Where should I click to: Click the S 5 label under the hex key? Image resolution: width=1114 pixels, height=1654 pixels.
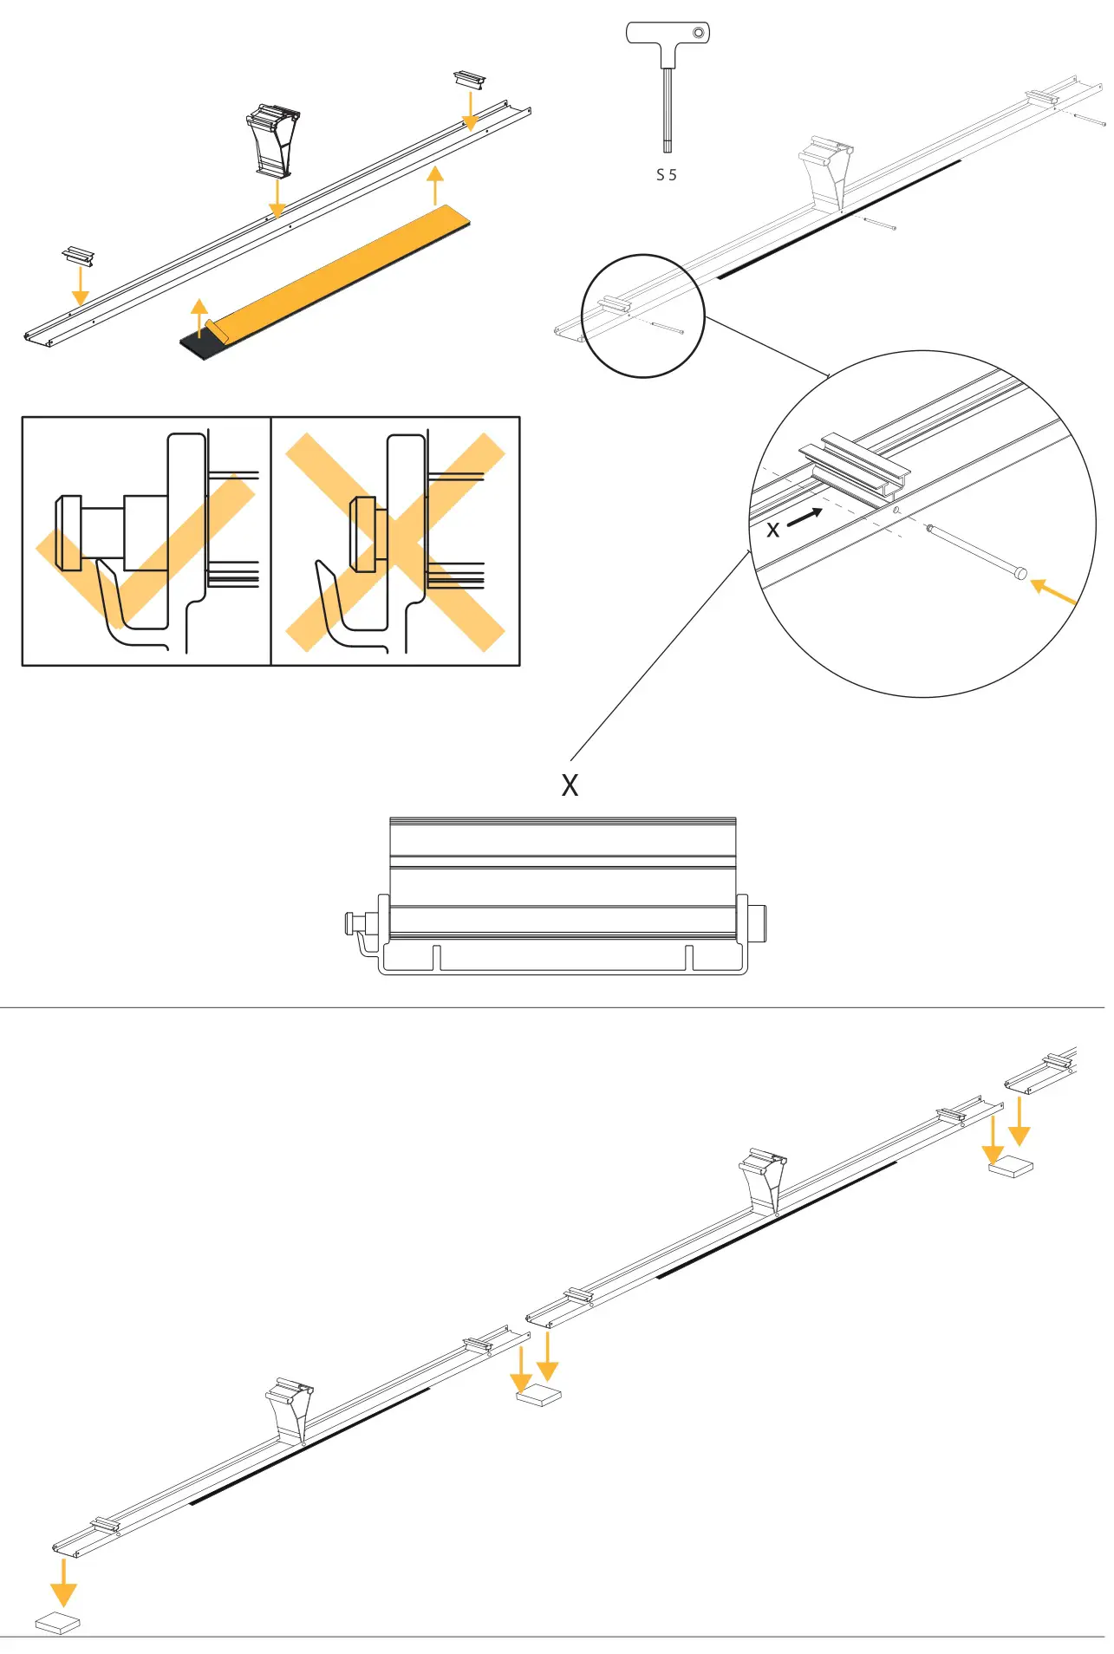pos(666,175)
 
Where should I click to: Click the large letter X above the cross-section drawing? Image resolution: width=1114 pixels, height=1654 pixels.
pos(570,785)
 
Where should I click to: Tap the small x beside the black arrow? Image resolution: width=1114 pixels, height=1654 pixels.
pos(773,530)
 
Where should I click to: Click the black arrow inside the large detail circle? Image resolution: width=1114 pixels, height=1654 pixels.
pos(805,517)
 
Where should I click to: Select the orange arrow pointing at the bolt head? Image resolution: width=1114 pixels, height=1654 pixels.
pos(1052,593)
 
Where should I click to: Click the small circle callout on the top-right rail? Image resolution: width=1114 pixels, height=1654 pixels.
pos(642,316)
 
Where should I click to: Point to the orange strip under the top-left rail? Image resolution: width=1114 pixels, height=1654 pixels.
pos(347,269)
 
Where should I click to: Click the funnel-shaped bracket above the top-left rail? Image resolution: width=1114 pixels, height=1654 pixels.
pos(274,139)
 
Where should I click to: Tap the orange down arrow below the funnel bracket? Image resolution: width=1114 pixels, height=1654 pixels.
pos(277,199)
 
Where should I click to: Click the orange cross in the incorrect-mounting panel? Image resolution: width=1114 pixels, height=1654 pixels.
pos(394,542)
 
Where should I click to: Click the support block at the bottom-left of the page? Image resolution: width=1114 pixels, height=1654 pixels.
pos(58,1623)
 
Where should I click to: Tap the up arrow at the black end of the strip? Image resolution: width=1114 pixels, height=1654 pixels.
pos(199,317)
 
